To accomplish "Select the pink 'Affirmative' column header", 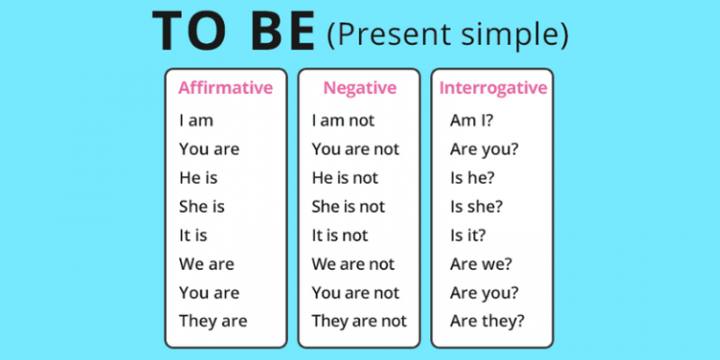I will tap(225, 88).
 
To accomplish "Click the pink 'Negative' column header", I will tap(359, 88).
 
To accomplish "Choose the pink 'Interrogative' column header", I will tap(492, 88).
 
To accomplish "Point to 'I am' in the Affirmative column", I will tap(196, 120).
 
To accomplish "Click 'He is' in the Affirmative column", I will tap(198, 177).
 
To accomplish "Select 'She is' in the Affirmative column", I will tap(202, 206).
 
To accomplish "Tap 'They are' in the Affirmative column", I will tap(213, 321).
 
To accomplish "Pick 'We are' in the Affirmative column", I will tap(206, 263).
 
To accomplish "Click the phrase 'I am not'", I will tap(344, 120).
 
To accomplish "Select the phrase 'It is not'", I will tap(339, 234).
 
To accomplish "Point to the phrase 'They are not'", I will tap(359, 321).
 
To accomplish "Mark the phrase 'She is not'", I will tap(348, 206).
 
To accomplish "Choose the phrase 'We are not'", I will tap(352, 263).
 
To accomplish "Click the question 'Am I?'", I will tap(473, 120).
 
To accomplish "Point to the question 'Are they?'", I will tap(487, 321).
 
